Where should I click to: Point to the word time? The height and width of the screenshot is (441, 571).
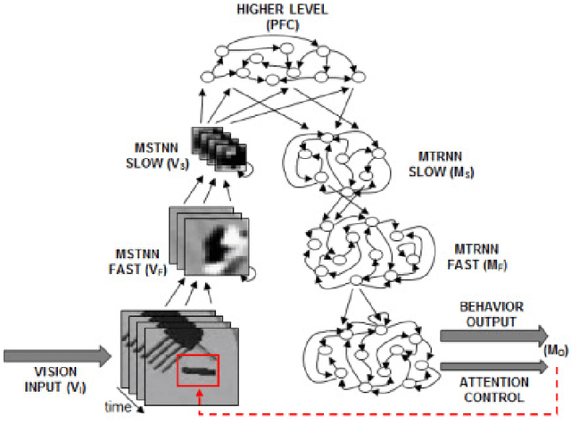click(x=119, y=406)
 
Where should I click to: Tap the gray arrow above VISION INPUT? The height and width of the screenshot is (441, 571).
click(x=59, y=356)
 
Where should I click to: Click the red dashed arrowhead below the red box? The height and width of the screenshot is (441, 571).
click(x=198, y=394)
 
